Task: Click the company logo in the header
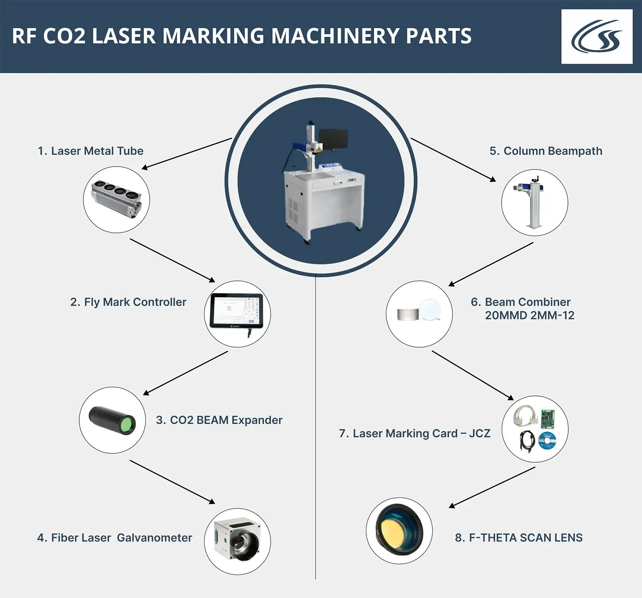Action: pyautogui.click(x=597, y=37)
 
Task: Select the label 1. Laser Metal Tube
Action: pyautogui.click(x=90, y=151)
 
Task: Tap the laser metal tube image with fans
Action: pyautogui.click(x=116, y=199)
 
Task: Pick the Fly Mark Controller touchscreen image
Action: pyautogui.click(x=237, y=311)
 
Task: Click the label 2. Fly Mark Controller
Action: pyautogui.click(x=128, y=302)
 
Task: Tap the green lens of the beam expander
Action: pyautogui.click(x=126, y=425)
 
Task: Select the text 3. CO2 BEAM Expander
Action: pyautogui.click(x=219, y=420)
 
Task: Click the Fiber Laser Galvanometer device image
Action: pyautogui.click(x=237, y=538)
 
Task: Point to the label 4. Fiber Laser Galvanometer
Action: pyautogui.click(x=114, y=538)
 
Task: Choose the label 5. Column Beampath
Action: pyautogui.click(x=546, y=151)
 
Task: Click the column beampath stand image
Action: pyautogui.click(x=533, y=202)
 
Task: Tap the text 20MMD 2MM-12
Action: pyautogui.click(x=529, y=316)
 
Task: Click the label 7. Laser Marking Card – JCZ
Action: pyautogui.click(x=414, y=434)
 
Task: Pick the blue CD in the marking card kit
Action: pyautogui.click(x=547, y=440)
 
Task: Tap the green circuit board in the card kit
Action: pyautogui.click(x=547, y=418)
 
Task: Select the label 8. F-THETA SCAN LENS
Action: pyautogui.click(x=518, y=538)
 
